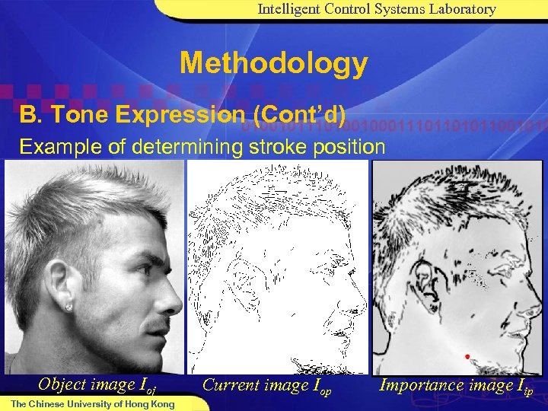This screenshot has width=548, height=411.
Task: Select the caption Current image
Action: tap(256, 385)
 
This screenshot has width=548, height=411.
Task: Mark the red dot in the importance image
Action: tap(467, 356)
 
